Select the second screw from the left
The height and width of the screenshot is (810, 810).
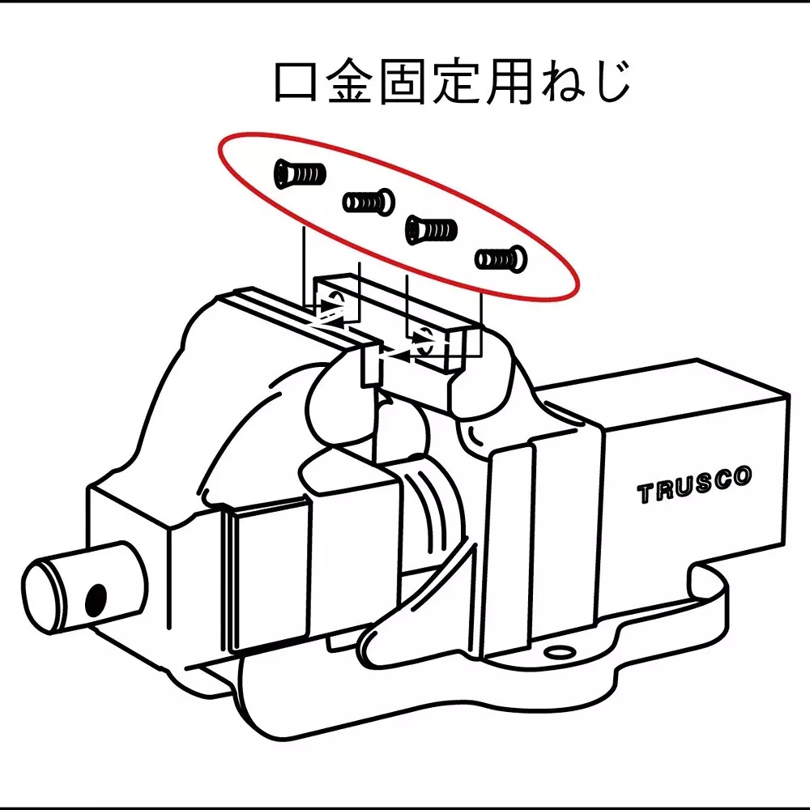point(368,200)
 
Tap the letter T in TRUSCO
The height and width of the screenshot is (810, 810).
point(646,494)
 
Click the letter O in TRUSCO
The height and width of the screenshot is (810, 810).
point(744,476)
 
